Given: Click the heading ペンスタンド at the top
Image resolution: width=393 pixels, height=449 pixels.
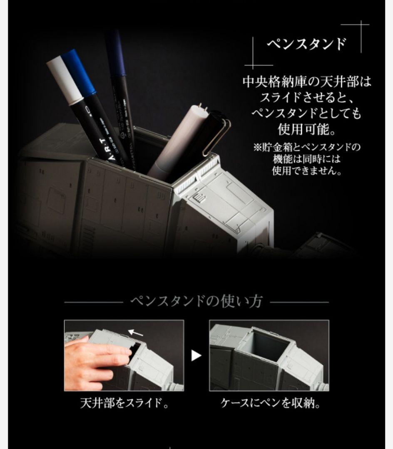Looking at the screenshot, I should pos(306,44).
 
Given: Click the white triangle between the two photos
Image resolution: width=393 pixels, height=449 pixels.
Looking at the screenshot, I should pos(196,355).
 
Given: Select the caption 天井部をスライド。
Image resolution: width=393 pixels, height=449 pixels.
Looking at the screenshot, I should pos(124,403).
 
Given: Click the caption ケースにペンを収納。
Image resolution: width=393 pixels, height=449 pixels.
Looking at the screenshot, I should pos(270,403).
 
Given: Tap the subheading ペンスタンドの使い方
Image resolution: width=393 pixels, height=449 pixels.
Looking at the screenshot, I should pos(196,301).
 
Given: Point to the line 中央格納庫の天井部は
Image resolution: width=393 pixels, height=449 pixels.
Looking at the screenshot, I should pos(306,81).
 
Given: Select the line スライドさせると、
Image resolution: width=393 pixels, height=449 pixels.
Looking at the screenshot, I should pos(306,97).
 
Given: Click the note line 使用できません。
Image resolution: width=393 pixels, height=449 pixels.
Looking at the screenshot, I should pos(306,171).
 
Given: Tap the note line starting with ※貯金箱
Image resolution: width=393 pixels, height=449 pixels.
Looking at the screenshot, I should pos(306,148).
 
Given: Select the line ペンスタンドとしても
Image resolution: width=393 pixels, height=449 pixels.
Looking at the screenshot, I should pos(306,113).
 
